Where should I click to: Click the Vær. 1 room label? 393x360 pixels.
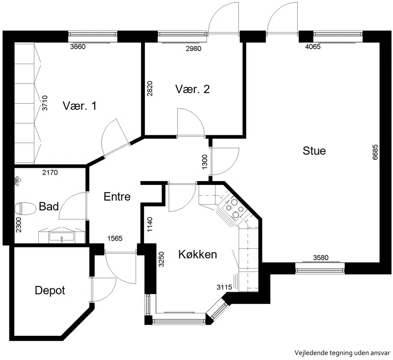click(x=80, y=106)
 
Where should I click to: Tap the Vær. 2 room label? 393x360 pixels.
click(x=193, y=90)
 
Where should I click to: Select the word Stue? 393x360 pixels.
click(x=314, y=151)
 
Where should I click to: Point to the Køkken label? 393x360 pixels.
click(x=197, y=254)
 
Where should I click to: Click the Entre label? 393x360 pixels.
click(x=117, y=197)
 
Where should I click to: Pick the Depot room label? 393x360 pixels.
click(x=50, y=291)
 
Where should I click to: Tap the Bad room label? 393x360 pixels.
click(x=49, y=207)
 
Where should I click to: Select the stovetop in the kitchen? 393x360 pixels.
click(x=234, y=208)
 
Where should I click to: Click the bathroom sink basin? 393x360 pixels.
click(x=62, y=237)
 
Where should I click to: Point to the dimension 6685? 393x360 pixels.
click(x=375, y=152)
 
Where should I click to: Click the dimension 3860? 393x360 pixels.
click(x=78, y=47)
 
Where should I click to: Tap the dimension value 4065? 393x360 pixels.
click(x=313, y=47)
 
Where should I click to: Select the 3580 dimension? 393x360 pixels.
click(x=321, y=258)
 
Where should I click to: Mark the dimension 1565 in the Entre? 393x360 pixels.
click(x=115, y=239)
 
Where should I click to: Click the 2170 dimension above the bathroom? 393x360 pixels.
click(x=50, y=173)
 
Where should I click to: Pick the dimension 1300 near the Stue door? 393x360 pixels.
click(x=205, y=162)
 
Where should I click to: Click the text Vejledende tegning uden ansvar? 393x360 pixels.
click(x=342, y=353)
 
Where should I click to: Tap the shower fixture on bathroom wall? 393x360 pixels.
click(x=18, y=180)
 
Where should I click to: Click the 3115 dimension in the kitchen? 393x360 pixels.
click(x=225, y=287)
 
